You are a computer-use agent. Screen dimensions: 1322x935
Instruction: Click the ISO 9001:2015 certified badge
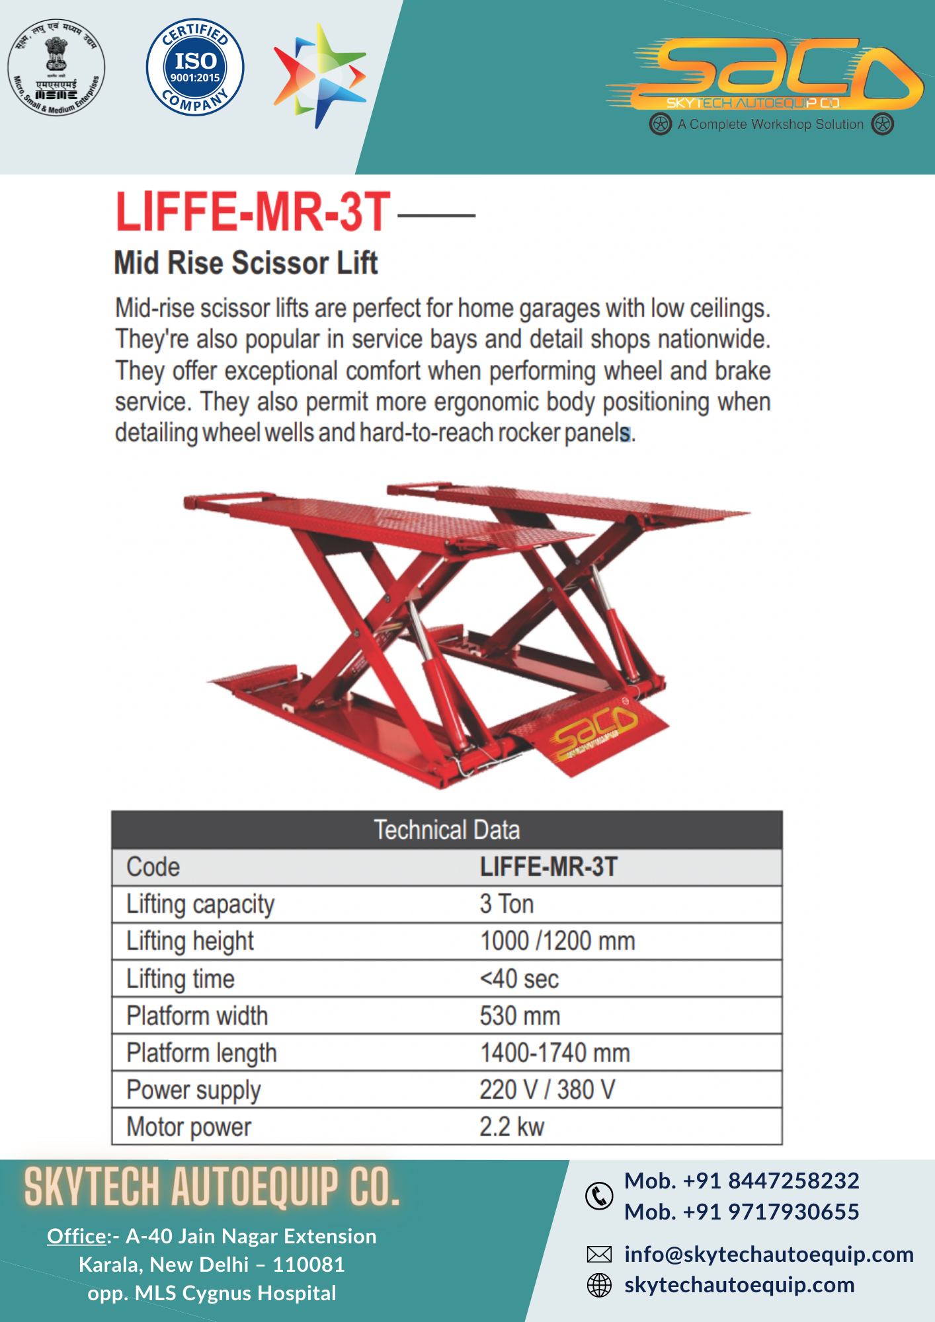coord(195,67)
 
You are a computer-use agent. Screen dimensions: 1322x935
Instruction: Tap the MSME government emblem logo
coord(56,67)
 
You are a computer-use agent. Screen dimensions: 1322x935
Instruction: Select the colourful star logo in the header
coord(320,75)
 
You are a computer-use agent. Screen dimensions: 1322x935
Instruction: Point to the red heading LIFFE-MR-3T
coord(253,212)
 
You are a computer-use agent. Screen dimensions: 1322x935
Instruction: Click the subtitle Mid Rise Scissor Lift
coord(246,263)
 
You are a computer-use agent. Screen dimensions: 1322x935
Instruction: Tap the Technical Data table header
coord(447,830)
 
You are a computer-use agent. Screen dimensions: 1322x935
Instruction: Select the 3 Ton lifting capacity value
coord(507,904)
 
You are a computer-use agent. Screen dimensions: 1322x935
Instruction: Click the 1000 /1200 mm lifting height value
coord(557,941)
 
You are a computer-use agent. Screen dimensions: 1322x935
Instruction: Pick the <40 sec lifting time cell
coord(520,979)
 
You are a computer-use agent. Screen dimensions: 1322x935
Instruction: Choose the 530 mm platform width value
coord(520,1016)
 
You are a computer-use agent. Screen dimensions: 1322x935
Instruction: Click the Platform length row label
coord(202,1053)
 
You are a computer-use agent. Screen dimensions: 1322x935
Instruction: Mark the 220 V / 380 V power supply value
coord(548,1090)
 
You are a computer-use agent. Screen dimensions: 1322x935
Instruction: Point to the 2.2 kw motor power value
coord(512,1127)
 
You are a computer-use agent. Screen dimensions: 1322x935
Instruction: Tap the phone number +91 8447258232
coord(742,1181)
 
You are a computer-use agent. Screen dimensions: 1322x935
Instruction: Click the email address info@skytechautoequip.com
coord(769,1254)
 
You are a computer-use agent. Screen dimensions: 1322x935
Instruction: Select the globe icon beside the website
coord(600,1285)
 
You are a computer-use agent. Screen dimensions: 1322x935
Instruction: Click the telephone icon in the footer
coord(599,1196)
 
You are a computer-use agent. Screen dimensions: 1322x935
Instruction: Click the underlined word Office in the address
coord(77,1236)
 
